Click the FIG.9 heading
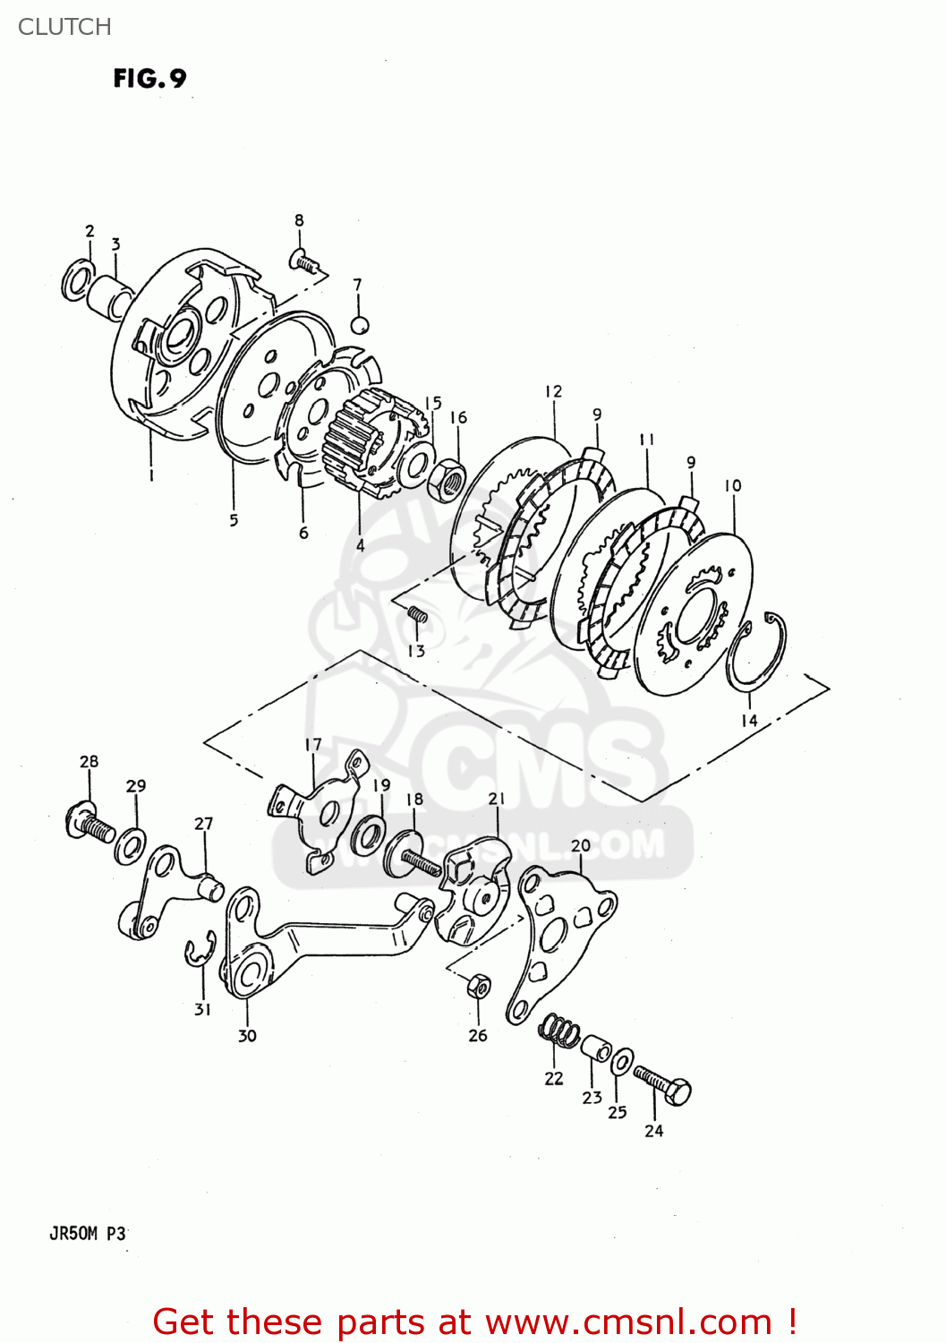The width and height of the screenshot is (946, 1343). coord(149,79)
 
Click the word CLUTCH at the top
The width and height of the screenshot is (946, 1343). coord(64,27)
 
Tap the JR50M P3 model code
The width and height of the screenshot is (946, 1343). coord(88,1234)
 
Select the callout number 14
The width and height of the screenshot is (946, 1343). coord(749,720)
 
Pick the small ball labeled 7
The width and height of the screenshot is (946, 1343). coord(359,324)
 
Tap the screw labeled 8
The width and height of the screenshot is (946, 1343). coord(304,261)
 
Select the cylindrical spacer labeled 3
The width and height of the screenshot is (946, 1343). coord(113,296)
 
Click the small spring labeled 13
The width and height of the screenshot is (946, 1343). coord(417,613)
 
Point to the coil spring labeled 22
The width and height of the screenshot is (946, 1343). coord(558,1031)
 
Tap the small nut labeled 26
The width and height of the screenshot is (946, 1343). coord(479,987)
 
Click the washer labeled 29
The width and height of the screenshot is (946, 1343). coord(131,845)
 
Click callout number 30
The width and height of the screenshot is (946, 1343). coord(247,1036)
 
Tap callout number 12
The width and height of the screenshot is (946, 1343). coord(553,391)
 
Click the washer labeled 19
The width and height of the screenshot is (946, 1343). coord(367,835)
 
